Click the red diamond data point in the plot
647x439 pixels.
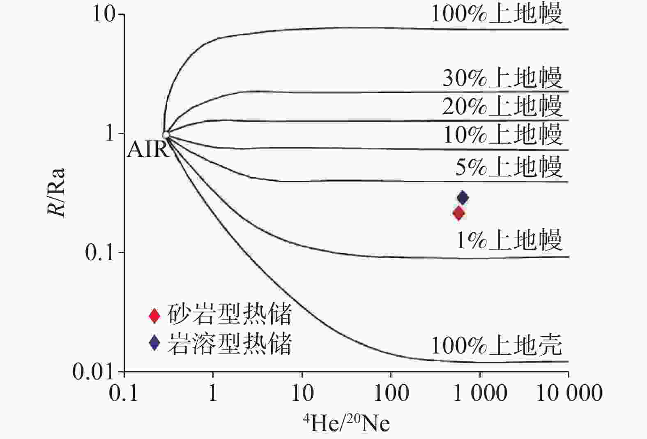pos(458,213)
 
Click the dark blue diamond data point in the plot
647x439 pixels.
pos(463,198)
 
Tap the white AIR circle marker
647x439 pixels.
pos(166,135)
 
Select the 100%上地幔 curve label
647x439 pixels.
pos(496,14)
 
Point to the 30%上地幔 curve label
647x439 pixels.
pos(502,77)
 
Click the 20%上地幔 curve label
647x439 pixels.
pos(502,106)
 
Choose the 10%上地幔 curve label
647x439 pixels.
pos(502,134)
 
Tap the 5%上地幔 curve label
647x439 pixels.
pos(508,166)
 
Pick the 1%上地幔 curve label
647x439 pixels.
pos(509,240)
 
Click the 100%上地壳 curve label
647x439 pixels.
pos(496,345)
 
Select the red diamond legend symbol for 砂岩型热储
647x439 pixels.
pos(154,315)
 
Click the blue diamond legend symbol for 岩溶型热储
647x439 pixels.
pos(154,342)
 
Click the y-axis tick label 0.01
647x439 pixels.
pos(93,372)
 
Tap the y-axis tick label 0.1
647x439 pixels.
pos(99,253)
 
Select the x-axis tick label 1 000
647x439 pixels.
pos(480,393)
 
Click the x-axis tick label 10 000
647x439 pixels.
pos(569,393)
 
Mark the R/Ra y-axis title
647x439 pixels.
pos(56,192)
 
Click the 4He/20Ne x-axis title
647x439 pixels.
pos(346,423)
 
